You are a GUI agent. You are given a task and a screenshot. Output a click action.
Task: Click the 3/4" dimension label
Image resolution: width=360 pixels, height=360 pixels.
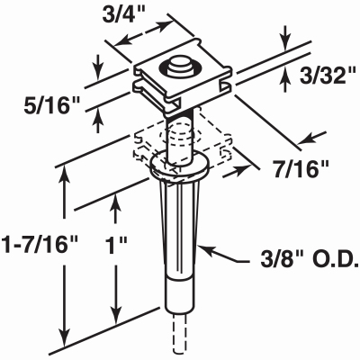(123, 15)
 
